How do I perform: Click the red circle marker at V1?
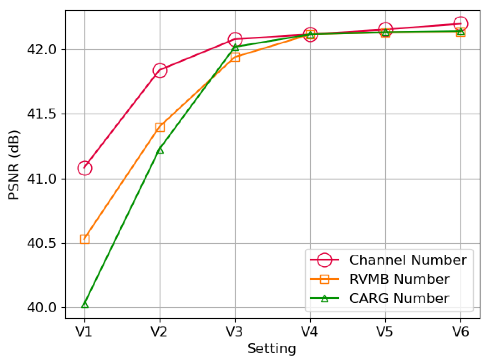[x=85, y=168]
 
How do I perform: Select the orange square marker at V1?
[x=85, y=239]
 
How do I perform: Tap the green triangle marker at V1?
[x=85, y=305]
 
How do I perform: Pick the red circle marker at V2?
[x=160, y=71]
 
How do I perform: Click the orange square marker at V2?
[x=160, y=127]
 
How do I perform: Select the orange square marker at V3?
[x=235, y=57]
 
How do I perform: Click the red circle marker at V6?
[x=461, y=24]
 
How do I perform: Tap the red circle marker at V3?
[x=235, y=39]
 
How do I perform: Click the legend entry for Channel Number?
[x=408, y=260]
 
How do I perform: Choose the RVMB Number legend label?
[x=399, y=279]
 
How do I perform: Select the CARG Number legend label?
[x=399, y=298]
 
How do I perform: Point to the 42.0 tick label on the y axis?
[x=42, y=50]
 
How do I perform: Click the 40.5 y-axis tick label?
[x=42, y=243]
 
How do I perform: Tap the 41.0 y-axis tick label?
[x=42, y=179]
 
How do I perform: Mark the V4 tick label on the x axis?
[x=310, y=332]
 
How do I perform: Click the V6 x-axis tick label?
[x=461, y=332]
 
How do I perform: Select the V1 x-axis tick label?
[x=84, y=332]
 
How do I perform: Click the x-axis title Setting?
[x=272, y=349]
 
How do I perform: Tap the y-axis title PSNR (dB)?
[x=14, y=165]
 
